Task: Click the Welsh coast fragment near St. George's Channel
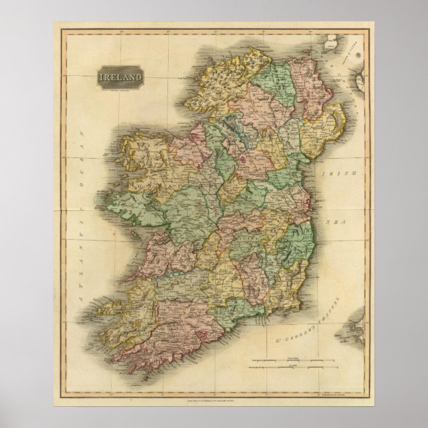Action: [x=352, y=329]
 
